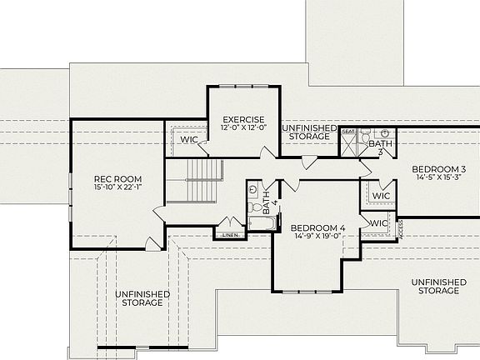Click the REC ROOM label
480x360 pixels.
[x=117, y=179]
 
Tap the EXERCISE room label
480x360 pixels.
[x=243, y=120]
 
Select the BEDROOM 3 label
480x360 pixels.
[x=438, y=169]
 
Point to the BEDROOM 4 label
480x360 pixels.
[x=317, y=227]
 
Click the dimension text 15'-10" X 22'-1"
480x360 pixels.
[x=117, y=188]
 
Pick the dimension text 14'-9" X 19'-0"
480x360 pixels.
[x=317, y=237]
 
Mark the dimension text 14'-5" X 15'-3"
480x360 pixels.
[x=438, y=178]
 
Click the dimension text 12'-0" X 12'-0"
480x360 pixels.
[x=243, y=128]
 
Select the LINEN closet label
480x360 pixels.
[x=231, y=236]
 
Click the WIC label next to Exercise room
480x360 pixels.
[x=189, y=139]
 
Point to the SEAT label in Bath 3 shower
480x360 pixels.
[x=347, y=132]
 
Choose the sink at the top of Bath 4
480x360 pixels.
[x=255, y=190]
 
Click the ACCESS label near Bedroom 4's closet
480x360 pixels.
[x=400, y=227]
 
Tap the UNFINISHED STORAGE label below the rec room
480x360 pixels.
[x=142, y=299]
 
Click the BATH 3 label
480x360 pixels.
[x=377, y=147]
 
